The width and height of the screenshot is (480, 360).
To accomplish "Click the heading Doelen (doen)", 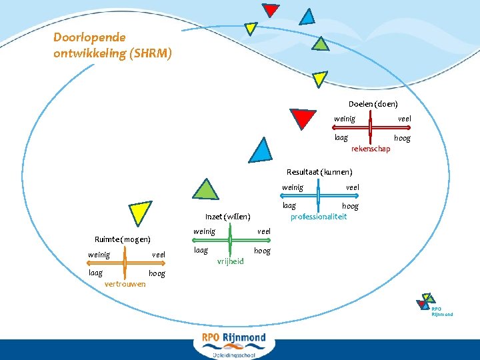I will pyautogui.click(x=373, y=104).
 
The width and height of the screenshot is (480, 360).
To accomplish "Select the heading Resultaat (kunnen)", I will pyautogui.click(x=319, y=172).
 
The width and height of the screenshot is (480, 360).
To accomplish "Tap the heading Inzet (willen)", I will pyautogui.click(x=227, y=216).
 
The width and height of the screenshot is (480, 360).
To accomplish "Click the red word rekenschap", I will pyautogui.click(x=371, y=149).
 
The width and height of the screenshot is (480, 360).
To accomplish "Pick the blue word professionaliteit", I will pyautogui.click(x=319, y=217).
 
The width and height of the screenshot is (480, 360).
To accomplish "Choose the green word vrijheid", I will pyautogui.click(x=231, y=261).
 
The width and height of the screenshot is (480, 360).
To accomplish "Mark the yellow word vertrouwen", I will pyautogui.click(x=125, y=284).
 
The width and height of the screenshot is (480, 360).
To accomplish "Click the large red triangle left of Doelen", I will pyautogui.click(x=303, y=118).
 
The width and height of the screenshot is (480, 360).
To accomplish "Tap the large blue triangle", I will pyautogui.click(x=260, y=151).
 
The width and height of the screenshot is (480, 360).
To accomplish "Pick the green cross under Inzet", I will pyautogui.click(x=230, y=241).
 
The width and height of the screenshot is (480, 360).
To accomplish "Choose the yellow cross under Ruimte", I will pyautogui.click(x=125, y=264).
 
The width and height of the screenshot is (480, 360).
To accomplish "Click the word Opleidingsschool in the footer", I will pyautogui.click(x=234, y=355).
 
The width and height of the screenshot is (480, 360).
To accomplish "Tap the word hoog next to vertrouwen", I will pyautogui.click(x=157, y=273).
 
